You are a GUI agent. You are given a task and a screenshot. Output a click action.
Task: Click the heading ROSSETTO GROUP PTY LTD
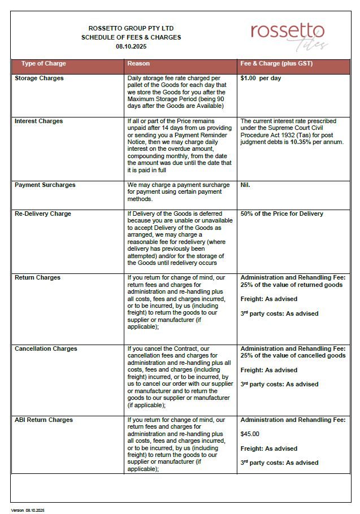pos(131,28)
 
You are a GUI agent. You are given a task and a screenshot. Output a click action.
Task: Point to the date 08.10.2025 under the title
pos(131,46)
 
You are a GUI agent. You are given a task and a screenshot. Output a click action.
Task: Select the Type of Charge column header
pos(44,63)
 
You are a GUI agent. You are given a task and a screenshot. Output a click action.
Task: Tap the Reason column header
pos(138,63)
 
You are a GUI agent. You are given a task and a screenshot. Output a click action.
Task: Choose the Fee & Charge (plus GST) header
pos(276,63)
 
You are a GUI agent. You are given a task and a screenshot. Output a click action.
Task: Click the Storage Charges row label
pos(39,78)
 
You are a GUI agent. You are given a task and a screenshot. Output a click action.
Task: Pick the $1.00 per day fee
pos(261,78)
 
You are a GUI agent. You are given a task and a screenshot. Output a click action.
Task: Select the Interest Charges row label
pos(38,121)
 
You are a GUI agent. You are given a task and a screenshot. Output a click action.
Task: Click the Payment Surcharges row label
pos(45,185)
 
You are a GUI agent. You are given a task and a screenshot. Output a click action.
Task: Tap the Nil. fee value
pos(245,185)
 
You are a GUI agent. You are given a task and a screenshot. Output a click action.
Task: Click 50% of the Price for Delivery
pos(281,214)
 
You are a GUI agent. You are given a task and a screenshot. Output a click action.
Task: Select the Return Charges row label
pos(37,277)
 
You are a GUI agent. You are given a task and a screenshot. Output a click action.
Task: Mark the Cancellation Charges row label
pos(46,349)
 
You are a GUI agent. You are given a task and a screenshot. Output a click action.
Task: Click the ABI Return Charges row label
pos(44,420)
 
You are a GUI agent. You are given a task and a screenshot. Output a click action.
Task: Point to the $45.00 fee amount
pos(250,434)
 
